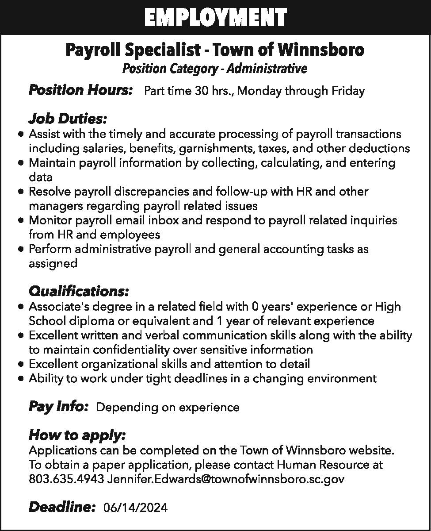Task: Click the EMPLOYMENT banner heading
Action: pyautogui.click(x=215, y=18)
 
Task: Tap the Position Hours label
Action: pyautogui.click(x=80, y=90)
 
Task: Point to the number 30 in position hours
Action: pyautogui.click(x=201, y=91)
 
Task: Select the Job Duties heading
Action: pyautogui.click(x=67, y=119)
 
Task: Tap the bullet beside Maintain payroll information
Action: pyautogui.click(x=21, y=163)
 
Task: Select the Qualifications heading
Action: pyautogui.click(x=79, y=292)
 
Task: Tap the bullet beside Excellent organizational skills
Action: pyautogui.click(x=21, y=365)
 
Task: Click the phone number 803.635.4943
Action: pyautogui.click(x=66, y=479)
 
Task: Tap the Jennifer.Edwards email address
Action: pyautogui.click(x=225, y=479)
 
